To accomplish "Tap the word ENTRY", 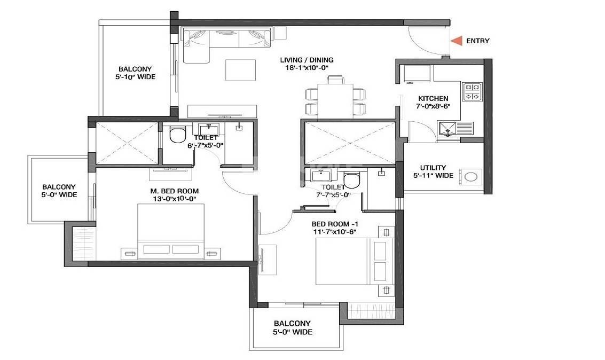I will click(x=477, y=41).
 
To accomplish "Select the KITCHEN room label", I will click(x=433, y=99).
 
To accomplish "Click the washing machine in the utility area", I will click(x=470, y=177).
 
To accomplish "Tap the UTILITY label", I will click(x=433, y=168).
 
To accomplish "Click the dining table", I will click(x=336, y=100).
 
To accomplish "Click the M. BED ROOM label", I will click(x=174, y=191).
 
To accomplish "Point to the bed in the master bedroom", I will click(x=171, y=232).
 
